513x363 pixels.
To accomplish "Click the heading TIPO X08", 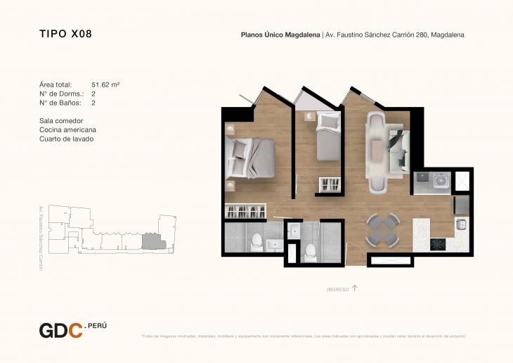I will tap(65, 33).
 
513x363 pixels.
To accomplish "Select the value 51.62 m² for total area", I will tap(105, 84).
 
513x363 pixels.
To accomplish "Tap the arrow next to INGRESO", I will tap(355, 288).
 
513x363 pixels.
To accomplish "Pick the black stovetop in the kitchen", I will tap(439, 244).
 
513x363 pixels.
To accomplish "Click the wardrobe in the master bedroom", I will tap(246, 210).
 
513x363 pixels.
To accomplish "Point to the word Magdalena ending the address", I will tap(448, 34).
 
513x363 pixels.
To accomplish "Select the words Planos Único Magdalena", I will tap(280, 34).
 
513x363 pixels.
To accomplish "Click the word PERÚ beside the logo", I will tap(97, 326).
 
